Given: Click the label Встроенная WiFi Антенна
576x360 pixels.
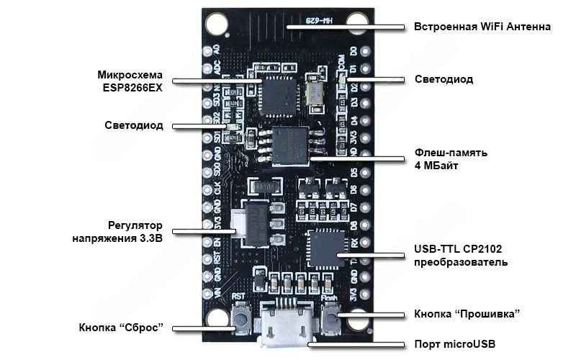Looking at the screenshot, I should click(x=482, y=27).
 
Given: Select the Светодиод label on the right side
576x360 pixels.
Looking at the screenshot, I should click(x=444, y=79).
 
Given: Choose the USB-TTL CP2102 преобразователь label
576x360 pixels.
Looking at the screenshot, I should click(x=458, y=256).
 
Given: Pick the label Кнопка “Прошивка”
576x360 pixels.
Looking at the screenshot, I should click(x=467, y=314).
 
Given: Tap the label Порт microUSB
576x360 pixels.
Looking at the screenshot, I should click(x=454, y=343).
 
